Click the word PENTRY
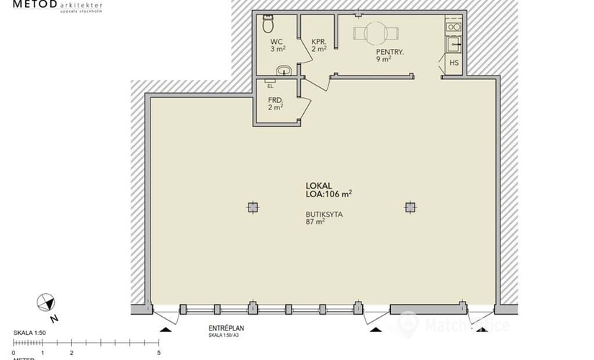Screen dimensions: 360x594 [390, 53]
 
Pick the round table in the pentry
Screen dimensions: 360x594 [375, 32]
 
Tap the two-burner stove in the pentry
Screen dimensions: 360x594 [453, 27]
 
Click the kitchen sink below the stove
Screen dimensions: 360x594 [454, 45]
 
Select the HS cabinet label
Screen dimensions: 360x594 [454, 63]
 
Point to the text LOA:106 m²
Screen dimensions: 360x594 [328, 193]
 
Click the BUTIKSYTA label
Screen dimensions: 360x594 [323, 215]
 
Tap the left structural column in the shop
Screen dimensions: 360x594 [251, 207]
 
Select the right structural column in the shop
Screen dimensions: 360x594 [410, 207]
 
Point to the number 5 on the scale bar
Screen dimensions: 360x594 [158, 354]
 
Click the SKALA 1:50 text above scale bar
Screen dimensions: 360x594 [30, 333]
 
